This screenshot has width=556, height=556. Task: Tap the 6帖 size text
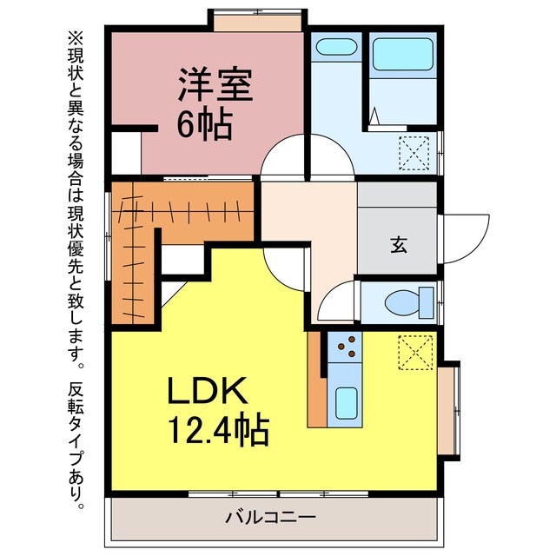pyautogui.click(x=205, y=126)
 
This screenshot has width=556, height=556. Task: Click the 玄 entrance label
pyautogui.click(x=398, y=246)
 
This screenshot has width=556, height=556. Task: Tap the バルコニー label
pyautogui.click(x=271, y=518)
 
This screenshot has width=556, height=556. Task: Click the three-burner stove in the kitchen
pyautogui.click(x=345, y=347)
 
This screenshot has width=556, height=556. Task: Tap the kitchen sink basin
pyautogui.click(x=345, y=401)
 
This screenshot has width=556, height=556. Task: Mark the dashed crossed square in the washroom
pyautogui.click(x=414, y=153)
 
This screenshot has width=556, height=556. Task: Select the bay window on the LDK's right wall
pyautogui.click(x=449, y=407)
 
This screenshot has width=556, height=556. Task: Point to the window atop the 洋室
pyautogui.click(x=259, y=19)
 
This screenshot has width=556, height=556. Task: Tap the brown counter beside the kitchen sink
pyautogui.click(x=317, y=381)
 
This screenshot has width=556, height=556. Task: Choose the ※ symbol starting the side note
pyautogui.click(x=75, y=38)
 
